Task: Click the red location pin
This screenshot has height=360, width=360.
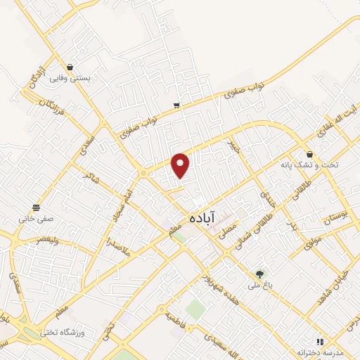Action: point(181,165)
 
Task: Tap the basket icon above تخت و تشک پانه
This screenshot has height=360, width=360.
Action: point(309,154)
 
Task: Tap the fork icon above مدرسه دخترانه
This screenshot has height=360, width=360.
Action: point(320,341)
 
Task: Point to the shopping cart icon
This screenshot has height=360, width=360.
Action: point(176,105)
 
